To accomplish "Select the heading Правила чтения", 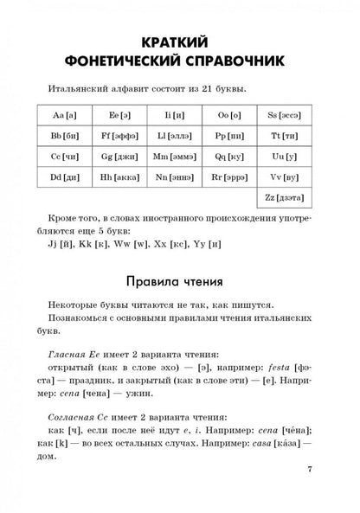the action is (x=179, y=282).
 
